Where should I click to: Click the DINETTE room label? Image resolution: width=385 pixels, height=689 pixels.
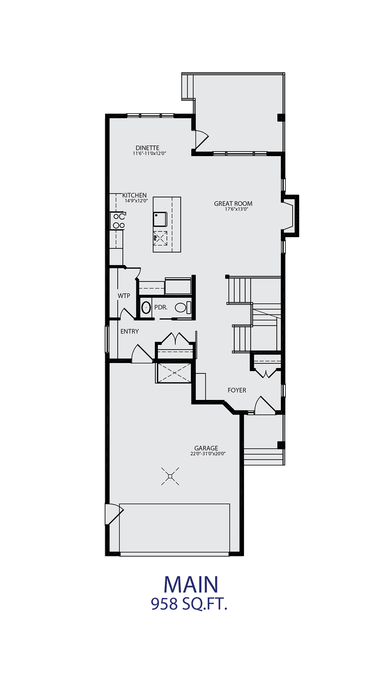pos(147,148)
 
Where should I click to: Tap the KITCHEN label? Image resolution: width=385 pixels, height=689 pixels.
pos(134,195)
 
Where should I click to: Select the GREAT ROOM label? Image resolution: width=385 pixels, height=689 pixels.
pos(233,204)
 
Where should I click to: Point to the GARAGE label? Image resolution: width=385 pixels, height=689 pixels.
pos(206,448)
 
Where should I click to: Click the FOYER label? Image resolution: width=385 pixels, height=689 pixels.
pos(237,390)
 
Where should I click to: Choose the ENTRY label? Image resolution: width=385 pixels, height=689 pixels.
pos(130,331)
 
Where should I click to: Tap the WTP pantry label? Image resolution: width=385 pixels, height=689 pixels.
pos(124,296)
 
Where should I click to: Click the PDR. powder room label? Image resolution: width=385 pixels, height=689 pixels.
pos(161,308)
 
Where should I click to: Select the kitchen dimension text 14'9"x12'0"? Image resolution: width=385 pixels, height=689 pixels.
pos(137,201)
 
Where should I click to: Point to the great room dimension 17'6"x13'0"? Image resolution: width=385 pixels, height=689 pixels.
pos(237,209)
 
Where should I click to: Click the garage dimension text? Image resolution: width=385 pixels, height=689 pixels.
pos(208,454)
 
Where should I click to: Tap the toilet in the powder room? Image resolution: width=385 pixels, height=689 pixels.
pos(183,308)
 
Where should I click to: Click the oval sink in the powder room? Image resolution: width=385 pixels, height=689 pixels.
pos(146,308)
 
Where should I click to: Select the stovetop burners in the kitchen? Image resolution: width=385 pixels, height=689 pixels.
pos(119,221)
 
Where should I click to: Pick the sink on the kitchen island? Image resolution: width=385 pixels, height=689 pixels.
pos(160,219)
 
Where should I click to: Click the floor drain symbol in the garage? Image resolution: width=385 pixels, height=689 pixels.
pos(170,476)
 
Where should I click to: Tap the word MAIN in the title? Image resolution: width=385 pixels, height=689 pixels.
pos(191,585)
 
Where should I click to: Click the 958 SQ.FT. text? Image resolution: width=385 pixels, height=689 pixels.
pos(189,604)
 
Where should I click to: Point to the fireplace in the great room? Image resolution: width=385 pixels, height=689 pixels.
pos(290,216)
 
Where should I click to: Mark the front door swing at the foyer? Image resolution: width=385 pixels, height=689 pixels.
pos(265,405)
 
